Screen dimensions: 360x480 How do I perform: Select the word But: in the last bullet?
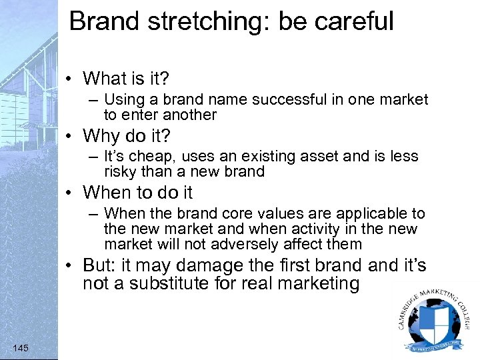(x=100, y=265)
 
